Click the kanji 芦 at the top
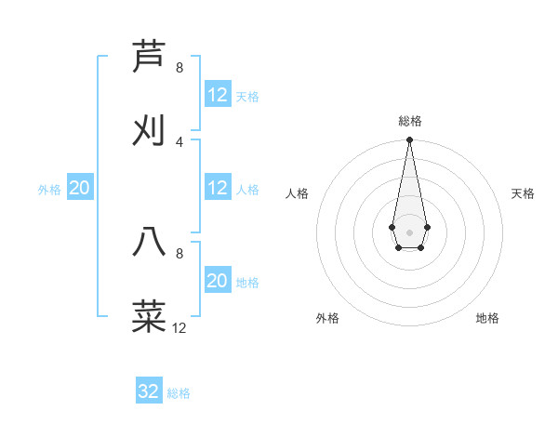coord(149,57)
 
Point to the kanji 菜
coord(149,315)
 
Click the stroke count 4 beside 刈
coord(179,141)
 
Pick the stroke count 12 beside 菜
coord(179,327)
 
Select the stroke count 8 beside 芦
coord(179,68)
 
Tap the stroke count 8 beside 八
coord(179,253)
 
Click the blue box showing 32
coord(149,391)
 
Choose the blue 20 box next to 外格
coord(80,189)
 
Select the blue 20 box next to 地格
coord(218,281)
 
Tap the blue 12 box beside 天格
coord(218,95)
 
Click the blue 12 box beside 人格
coord(218,189)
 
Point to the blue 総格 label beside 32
coord(179,393)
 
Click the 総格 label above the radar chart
coord(409,121)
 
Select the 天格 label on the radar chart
coord(524,193)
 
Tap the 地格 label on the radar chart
coord(487,318)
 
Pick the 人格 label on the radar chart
coord(298,193)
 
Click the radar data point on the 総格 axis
coord(409,140)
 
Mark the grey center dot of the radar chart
coord(409,231)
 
